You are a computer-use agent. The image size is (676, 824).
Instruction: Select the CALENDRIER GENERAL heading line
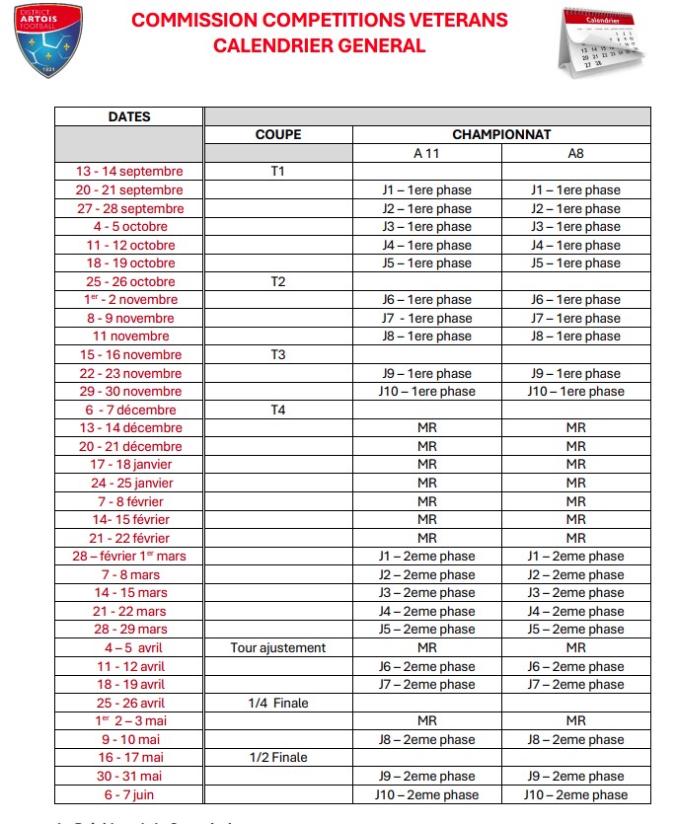(320, 45)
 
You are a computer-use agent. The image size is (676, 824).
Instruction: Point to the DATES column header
(129, 116)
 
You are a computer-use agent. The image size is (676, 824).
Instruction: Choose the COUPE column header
(278, 134)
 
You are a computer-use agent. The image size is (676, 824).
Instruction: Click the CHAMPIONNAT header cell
(501, 134)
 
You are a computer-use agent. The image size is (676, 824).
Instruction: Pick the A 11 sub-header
(426, 153)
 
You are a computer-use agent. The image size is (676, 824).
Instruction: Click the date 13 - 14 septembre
(129, 172)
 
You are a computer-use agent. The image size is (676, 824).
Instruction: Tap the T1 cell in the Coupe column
(278, 172)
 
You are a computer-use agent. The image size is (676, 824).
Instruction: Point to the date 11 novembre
(129, 337)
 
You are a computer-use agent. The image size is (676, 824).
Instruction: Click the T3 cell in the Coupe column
(278, 355)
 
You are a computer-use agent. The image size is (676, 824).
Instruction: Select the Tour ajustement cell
(278, 648)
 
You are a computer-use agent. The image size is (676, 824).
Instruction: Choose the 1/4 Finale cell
(278, 704)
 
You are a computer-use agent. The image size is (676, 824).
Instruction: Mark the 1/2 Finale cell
(278, 758)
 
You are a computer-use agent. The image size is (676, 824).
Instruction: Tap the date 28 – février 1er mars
(129, 557)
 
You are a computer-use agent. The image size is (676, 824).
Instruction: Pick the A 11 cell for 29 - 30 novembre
(426, 392)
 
